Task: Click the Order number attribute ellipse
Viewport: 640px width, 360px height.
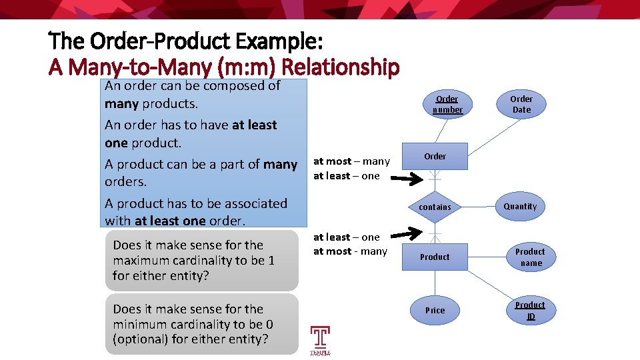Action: pos(447,104)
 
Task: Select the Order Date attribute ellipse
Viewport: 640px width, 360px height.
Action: pos(521,104)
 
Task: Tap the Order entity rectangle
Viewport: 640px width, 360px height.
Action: pos(435,157)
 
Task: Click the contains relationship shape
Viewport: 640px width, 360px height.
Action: pos(435,207)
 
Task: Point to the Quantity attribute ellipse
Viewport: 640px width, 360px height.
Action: pos(520,207)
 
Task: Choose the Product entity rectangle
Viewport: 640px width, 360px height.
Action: pos(435,257)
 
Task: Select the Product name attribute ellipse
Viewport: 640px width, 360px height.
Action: pos(530,257)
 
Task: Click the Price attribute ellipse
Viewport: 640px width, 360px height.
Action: pos(435,311)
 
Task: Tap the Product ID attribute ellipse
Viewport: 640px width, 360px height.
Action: pos(530,311)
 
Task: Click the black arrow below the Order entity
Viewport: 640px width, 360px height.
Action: pos(408,179)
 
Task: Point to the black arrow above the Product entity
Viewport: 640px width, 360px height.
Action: pos(408,234)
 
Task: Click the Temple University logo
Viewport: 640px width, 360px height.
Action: pos(320,340)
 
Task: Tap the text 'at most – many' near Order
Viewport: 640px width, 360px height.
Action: pos(351,161)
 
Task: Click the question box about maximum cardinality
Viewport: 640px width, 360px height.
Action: pos(202,260)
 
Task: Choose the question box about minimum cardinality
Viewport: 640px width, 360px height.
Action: pos(202,324)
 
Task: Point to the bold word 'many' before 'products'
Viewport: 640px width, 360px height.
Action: pos(121,104)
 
